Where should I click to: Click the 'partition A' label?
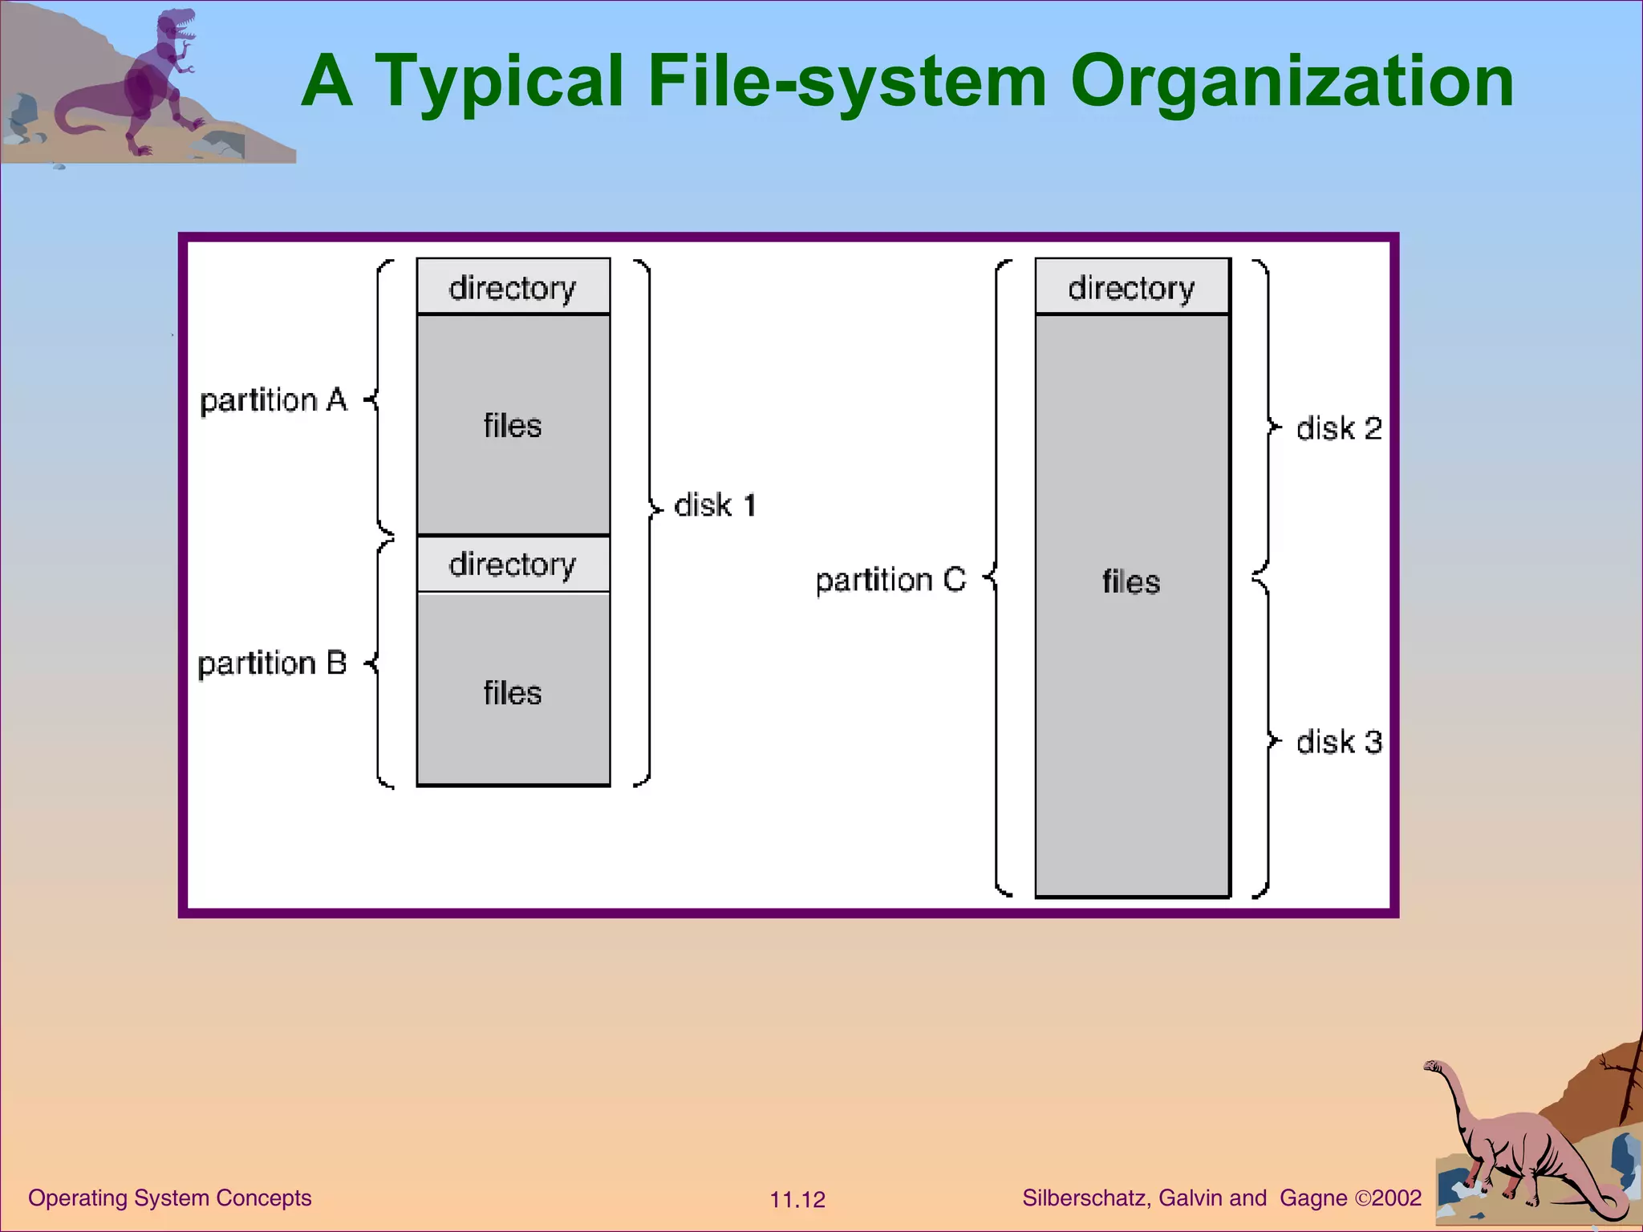coord(273,399)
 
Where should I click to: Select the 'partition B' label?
coord(272,663)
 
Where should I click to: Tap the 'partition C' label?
coord(890,579)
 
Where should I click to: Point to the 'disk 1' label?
coord(715,505)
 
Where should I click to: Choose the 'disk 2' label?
coord(1339,428)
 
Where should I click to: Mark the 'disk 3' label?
coord(1339,742)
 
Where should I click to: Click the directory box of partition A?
coord(513,286)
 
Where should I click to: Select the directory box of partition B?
coord(513,564)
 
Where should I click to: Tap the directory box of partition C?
coord(1131,286)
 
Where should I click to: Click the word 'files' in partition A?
coord(513,425)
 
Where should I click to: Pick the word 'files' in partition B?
coord(513,692)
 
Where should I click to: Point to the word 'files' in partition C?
coord(1131,582)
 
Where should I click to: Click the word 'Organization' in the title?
coord(1292,82)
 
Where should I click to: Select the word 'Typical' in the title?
coord(499,82)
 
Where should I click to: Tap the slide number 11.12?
coord(797,1200)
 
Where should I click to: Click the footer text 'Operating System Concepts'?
coord(170,1198)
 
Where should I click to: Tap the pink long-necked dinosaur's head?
coord(1433,1066)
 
